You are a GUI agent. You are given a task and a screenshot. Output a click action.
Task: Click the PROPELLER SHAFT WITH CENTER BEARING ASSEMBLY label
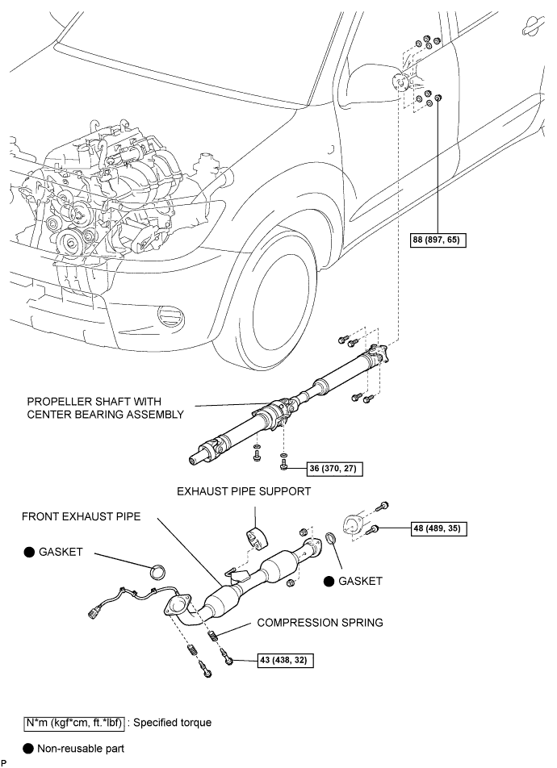pos(106,408)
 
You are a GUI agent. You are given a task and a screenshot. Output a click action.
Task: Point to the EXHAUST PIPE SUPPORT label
pos(244,491)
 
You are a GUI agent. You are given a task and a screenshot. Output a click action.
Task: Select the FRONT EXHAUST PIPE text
pos(81,516)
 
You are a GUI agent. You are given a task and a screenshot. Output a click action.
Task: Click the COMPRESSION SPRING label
pos(320,623)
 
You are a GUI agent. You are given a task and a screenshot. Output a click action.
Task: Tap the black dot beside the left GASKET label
pos(29,552)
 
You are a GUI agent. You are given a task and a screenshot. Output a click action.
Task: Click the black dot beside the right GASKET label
pos(329,581)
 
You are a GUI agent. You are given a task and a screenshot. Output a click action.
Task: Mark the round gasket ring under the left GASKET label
pos(157,572)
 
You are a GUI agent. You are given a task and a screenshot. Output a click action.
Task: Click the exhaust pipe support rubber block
pos(255,538)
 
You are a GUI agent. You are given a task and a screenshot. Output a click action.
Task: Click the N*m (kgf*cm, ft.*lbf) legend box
pos(74,723)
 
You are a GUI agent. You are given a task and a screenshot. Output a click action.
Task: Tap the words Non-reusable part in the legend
pos(81,749)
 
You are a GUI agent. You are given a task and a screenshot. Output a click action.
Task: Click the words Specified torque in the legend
pos(173,723)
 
